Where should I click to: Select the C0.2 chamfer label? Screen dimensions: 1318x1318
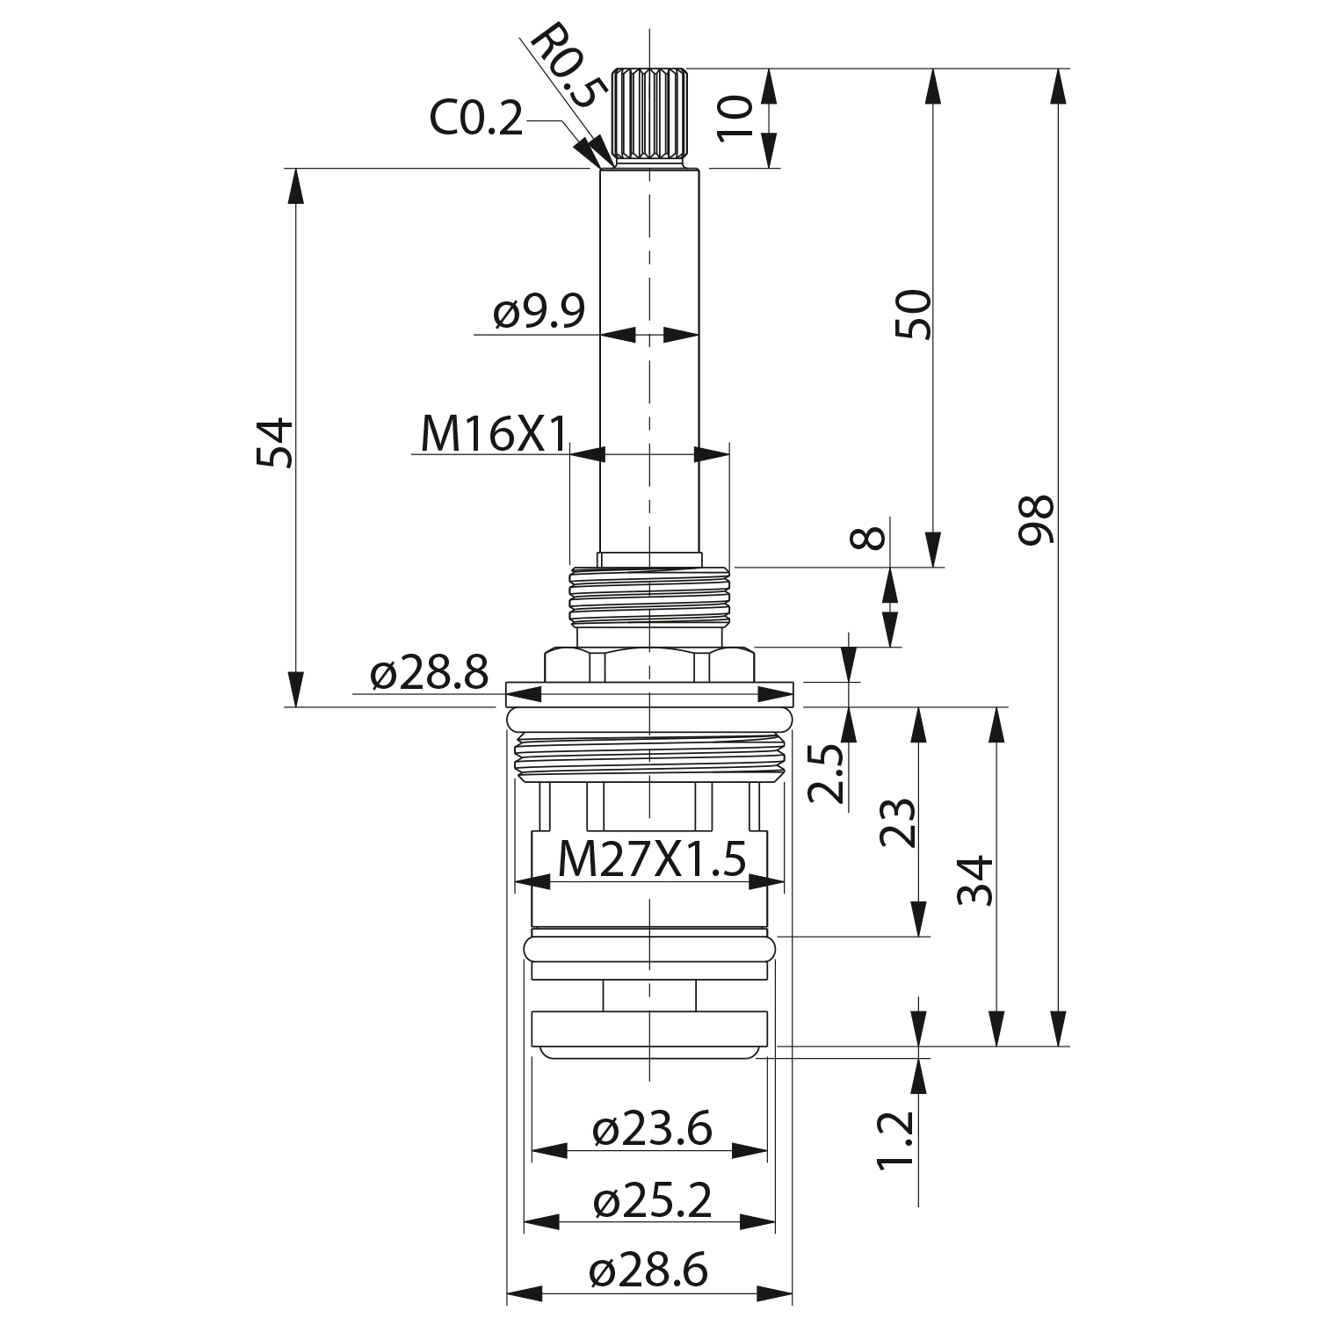[475, 118]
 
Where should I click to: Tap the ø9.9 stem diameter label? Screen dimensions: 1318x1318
[539, 312]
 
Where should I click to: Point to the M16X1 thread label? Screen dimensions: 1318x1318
[493, 433]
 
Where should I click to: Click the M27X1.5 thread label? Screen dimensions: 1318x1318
[651, 858]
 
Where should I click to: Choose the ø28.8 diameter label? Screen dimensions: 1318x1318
[429, 674]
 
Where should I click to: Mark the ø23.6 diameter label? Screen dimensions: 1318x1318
[651, 1129]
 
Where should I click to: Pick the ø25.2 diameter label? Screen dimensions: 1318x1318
[651, 1200]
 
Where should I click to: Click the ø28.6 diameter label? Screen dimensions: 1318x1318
[649, 1271]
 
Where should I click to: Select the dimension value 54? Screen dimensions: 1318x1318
[274, 443]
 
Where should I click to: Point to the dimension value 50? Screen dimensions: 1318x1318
[913, 314]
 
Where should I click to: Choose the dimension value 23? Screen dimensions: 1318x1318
[899, 822]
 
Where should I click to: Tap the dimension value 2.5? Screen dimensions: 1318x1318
[826, 772]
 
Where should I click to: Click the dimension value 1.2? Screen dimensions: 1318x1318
[896, 1141]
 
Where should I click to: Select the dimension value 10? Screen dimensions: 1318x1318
[735, 117]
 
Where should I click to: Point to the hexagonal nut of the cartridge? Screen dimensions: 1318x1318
[649, 664]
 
